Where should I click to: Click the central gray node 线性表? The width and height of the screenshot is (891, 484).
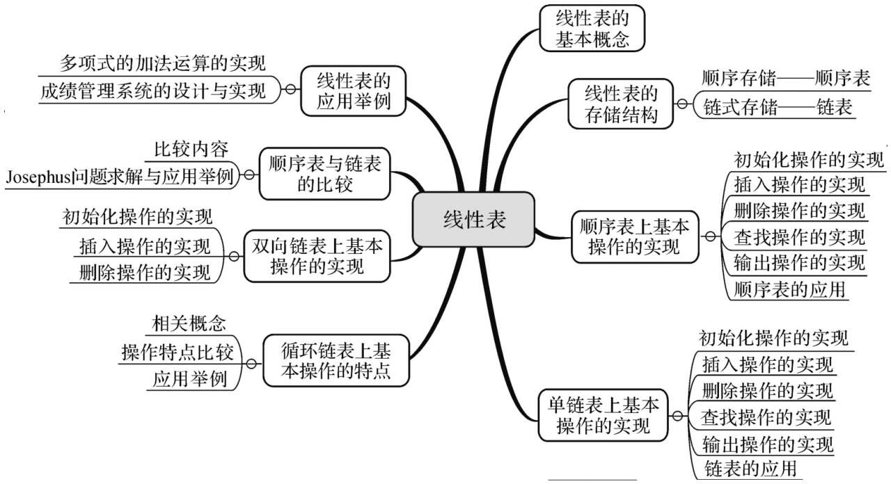point(473,219)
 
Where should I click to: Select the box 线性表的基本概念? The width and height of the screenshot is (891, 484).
point(592,29)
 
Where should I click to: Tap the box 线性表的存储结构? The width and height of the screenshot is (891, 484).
point(620,104)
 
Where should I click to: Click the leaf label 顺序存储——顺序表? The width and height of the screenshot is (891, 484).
point(786,79)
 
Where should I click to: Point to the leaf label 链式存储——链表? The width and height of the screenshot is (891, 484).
point(778,107)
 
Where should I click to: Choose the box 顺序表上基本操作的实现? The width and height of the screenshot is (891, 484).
point(635,237)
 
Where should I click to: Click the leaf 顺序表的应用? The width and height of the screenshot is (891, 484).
point(789,289)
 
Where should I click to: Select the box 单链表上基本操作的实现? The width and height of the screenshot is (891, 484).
point(603,415)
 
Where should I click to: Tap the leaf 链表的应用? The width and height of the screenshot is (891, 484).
point(750,469)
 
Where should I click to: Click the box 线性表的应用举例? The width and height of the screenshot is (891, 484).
point(353,91)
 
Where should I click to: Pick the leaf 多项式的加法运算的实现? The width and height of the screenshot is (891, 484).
point(162,63)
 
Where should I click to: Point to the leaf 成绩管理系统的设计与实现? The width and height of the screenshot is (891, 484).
point(152,91)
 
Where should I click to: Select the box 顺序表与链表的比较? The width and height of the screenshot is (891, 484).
point(324,174)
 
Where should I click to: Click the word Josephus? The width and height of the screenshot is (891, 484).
point(38,177)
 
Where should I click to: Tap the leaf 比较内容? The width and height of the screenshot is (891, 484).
point(191,150)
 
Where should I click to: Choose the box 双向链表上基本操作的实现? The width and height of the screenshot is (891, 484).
point(317,257)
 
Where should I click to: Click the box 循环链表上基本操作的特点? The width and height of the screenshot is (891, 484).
point(336,360)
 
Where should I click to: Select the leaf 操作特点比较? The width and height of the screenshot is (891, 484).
point(178,353)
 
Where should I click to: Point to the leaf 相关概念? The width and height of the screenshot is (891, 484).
point(189,323)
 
